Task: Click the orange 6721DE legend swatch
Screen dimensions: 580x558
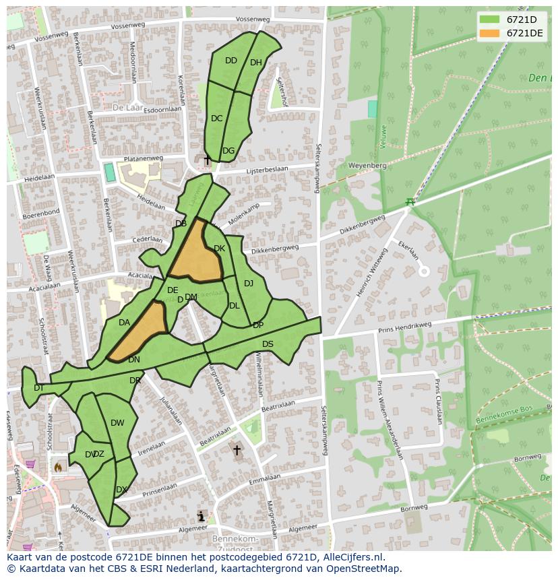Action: (490, 33)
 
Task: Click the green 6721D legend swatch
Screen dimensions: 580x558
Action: (490, 20)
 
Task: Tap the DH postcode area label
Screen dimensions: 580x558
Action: (256, 63)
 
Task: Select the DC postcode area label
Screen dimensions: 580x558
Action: (216, 119)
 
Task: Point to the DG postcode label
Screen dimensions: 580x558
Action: (228, 151)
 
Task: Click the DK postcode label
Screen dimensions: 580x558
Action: (219, 249)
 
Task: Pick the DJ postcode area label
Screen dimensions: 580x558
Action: (249, 284)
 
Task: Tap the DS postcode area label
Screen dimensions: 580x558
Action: (268, 344)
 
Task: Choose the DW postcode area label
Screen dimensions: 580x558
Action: (117, 423)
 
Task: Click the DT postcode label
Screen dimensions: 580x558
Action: (39, 387)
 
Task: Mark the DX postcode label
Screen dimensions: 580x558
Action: (121, 490)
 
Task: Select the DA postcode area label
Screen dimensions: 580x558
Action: (124, 323)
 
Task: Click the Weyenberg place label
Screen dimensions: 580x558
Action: (367, 165)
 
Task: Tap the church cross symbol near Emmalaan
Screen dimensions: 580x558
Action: (237, 450)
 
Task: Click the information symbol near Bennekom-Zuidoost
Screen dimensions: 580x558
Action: (201, 517)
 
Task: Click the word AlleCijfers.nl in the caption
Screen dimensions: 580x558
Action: (350, 557)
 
